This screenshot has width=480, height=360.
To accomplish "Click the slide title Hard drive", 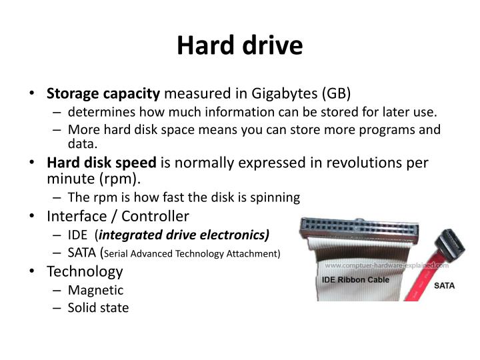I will pos(240,45).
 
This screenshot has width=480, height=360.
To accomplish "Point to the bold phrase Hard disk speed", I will pos(101,163).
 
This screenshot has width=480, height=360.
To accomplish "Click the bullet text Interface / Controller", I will pos(118,216).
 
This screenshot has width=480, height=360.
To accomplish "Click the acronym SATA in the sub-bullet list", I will pos(83,253).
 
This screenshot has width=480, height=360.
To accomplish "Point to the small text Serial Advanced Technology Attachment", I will pos(193,254).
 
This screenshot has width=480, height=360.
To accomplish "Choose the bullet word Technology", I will pos(85,271).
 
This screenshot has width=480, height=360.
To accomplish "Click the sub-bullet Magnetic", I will pos(95,290).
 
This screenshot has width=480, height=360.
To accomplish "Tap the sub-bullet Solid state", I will pos(98,308).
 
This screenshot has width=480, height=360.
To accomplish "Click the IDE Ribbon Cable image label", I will pos(355,280).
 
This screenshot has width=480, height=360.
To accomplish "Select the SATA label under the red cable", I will pos(445,285).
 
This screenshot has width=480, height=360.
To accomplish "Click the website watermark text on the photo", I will pos(387,265).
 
